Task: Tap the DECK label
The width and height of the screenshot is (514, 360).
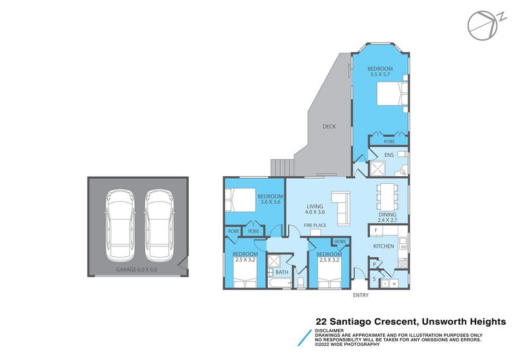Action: [329, 127]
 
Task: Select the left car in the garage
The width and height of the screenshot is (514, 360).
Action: [119, 221]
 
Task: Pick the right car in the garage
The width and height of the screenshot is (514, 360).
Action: [158, 221]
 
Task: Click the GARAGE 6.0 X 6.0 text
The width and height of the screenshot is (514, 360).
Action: [136, 270]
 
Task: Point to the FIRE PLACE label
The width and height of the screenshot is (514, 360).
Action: [315, 225]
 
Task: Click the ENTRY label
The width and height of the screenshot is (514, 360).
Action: [361, 295]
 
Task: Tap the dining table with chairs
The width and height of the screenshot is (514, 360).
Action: [387, 194]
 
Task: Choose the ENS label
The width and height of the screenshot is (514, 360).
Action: [389, 155]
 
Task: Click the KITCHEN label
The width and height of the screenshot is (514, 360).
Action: [384, 246]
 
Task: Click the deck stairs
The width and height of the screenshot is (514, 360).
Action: [283, 167]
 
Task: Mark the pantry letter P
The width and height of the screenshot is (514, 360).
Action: [374, 264]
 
